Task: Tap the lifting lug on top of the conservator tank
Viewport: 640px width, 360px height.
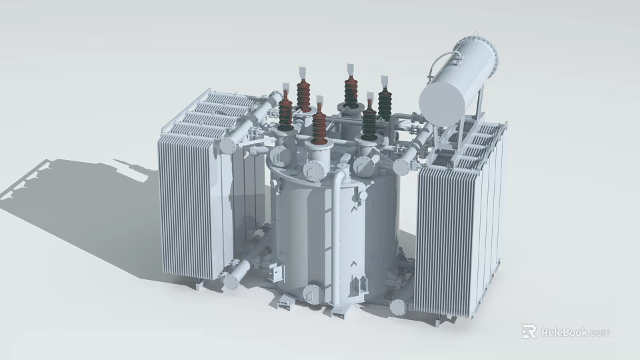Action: pyautogui.click(x=475, y=35)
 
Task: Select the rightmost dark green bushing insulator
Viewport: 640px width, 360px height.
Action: pyautogui.click(x=385, y=104)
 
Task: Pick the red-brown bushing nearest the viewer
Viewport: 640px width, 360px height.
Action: pyautogui.click(x=319, y=127)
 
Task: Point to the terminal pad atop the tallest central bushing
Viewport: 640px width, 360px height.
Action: pyautogui.click(x=349, y=69)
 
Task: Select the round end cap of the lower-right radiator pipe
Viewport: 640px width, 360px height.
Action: pyautogui.click(x=398, y=307)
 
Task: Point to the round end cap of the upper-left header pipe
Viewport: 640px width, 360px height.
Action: pyautogui.click(x=228, y=145)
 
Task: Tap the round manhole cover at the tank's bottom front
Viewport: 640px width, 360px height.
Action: pyautogui.click(x=312, y=294)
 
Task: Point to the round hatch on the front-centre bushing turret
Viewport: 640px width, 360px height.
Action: pyautogui.click(x=311, y=171)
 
